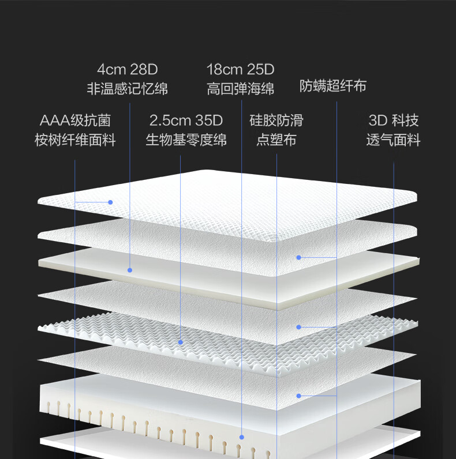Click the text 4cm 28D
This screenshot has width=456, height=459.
128,70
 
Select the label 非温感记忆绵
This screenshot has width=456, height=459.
128,89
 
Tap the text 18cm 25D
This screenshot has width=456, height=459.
240,70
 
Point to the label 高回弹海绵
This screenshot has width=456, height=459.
240,89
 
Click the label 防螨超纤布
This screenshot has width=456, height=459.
333,86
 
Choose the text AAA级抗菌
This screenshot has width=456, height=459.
75,121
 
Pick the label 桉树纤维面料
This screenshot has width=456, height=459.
75,140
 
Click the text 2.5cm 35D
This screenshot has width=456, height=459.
186,121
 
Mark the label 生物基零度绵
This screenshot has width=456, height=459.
186,140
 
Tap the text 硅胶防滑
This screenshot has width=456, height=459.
276,121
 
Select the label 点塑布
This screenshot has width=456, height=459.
276,140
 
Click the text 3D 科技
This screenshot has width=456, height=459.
393,121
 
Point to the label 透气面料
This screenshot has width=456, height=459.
393,140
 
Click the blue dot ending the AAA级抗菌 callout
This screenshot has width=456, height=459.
110,202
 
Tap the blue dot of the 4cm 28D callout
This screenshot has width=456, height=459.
130,270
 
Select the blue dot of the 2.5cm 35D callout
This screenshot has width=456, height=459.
181,342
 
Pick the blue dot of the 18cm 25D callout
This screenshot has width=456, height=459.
241,438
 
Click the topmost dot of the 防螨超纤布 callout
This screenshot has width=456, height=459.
299,257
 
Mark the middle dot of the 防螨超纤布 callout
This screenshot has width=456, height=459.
299,327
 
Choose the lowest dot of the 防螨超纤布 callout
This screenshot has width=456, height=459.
299,396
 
